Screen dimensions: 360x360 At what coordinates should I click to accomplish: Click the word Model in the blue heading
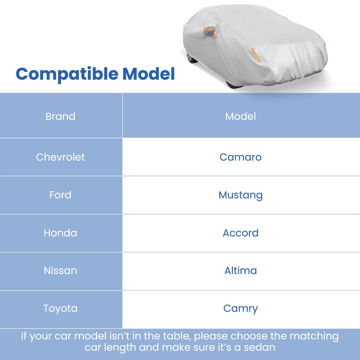[148, 73]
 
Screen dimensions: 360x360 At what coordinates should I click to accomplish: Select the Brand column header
[60, 117]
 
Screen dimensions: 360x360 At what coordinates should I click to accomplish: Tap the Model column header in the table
[241, 117]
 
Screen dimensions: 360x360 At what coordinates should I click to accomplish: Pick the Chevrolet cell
[60, 157]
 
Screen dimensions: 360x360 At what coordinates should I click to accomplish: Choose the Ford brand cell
[60, 195]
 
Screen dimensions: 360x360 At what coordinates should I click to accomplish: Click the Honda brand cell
[60, 233]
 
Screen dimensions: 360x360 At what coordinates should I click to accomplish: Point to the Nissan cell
[60, 271]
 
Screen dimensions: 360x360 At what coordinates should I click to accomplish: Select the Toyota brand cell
[60, 309]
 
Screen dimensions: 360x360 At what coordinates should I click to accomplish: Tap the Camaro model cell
[241, 157]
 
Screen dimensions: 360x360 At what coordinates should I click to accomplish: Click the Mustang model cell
[241, 195]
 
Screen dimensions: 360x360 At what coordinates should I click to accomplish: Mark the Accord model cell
[241, 233]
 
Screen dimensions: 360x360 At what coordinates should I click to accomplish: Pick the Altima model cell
[241, 271]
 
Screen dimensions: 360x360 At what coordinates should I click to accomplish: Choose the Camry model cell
[241, 309]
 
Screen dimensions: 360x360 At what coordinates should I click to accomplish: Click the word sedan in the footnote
[260, 347]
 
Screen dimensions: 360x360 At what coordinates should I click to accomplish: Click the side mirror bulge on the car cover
[209, 31]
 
